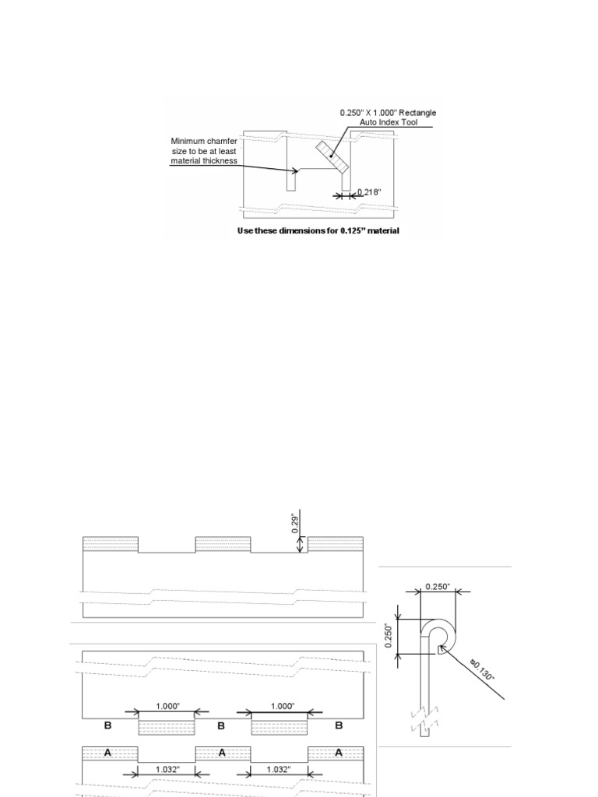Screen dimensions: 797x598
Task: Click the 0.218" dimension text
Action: (368, 192)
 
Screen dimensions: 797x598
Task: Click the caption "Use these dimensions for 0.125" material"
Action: (318, 231)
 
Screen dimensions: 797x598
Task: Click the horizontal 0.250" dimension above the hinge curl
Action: (437, 587)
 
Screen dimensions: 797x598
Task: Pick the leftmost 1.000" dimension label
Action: (167, 706)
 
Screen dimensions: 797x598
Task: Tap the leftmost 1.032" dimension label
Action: (167, 769)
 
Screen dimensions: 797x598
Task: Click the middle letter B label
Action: (222, 725)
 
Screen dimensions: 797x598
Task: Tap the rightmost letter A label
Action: (338, 753)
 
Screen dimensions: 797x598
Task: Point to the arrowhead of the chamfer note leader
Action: (296, 170)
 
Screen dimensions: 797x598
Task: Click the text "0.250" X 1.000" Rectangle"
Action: (388, 113)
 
